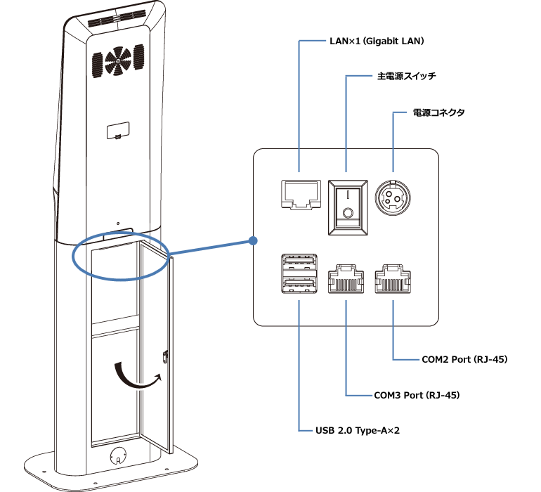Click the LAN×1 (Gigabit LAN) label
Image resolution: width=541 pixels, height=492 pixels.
tap(367, 41)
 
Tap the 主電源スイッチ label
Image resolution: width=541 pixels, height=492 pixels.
tap(403, 75)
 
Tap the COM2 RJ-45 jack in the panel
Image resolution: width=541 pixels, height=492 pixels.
tap(393, 280)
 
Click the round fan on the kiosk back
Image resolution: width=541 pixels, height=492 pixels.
tap(118, 61)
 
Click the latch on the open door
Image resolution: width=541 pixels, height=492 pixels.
tap(165, 356)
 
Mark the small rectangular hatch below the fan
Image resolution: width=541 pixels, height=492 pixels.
tap(117, 131)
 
